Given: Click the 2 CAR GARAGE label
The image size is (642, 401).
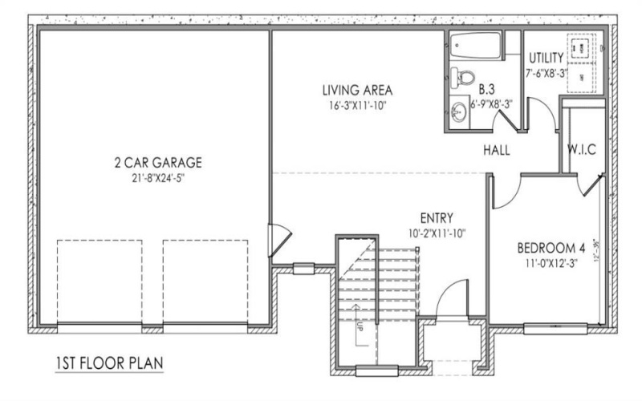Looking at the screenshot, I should click(157, 163).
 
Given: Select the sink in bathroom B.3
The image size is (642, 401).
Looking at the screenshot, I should click(457, 111).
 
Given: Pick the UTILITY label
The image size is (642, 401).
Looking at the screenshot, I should click(546, 58).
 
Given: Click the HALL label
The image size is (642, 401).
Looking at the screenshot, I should click(498, 150).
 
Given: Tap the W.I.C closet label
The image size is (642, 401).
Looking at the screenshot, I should click(580, 150).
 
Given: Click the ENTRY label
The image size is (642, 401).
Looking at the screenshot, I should click(437, 217).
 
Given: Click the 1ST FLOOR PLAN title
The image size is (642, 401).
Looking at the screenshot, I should click(109, 363).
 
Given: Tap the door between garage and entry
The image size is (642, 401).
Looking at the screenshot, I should click(277, 241).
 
